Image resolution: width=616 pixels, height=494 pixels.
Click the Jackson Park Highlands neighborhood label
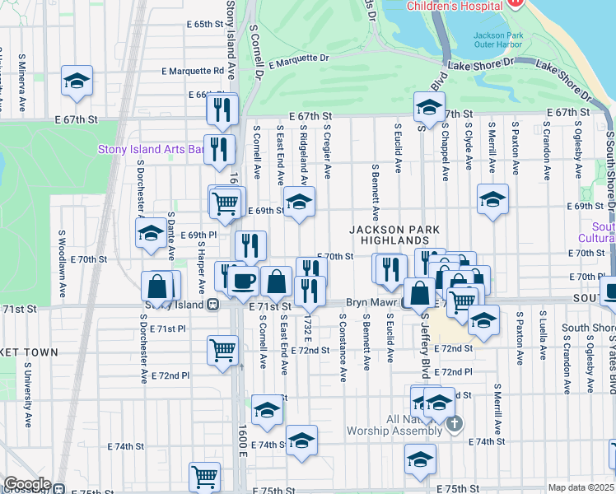[394, 235]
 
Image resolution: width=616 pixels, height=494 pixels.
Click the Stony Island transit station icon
[212, 304]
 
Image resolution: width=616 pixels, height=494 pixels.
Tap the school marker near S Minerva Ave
[77, 81]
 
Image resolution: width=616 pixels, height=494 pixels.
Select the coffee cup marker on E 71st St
[242, 282]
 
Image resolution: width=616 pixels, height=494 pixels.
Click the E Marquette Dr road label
[298, 59]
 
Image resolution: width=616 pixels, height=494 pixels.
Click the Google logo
[26, 484]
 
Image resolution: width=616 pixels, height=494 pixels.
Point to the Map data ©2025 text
[580, 487]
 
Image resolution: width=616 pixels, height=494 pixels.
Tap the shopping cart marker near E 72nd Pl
[222, 349]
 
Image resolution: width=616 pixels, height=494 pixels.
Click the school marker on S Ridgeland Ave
[299, 201]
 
